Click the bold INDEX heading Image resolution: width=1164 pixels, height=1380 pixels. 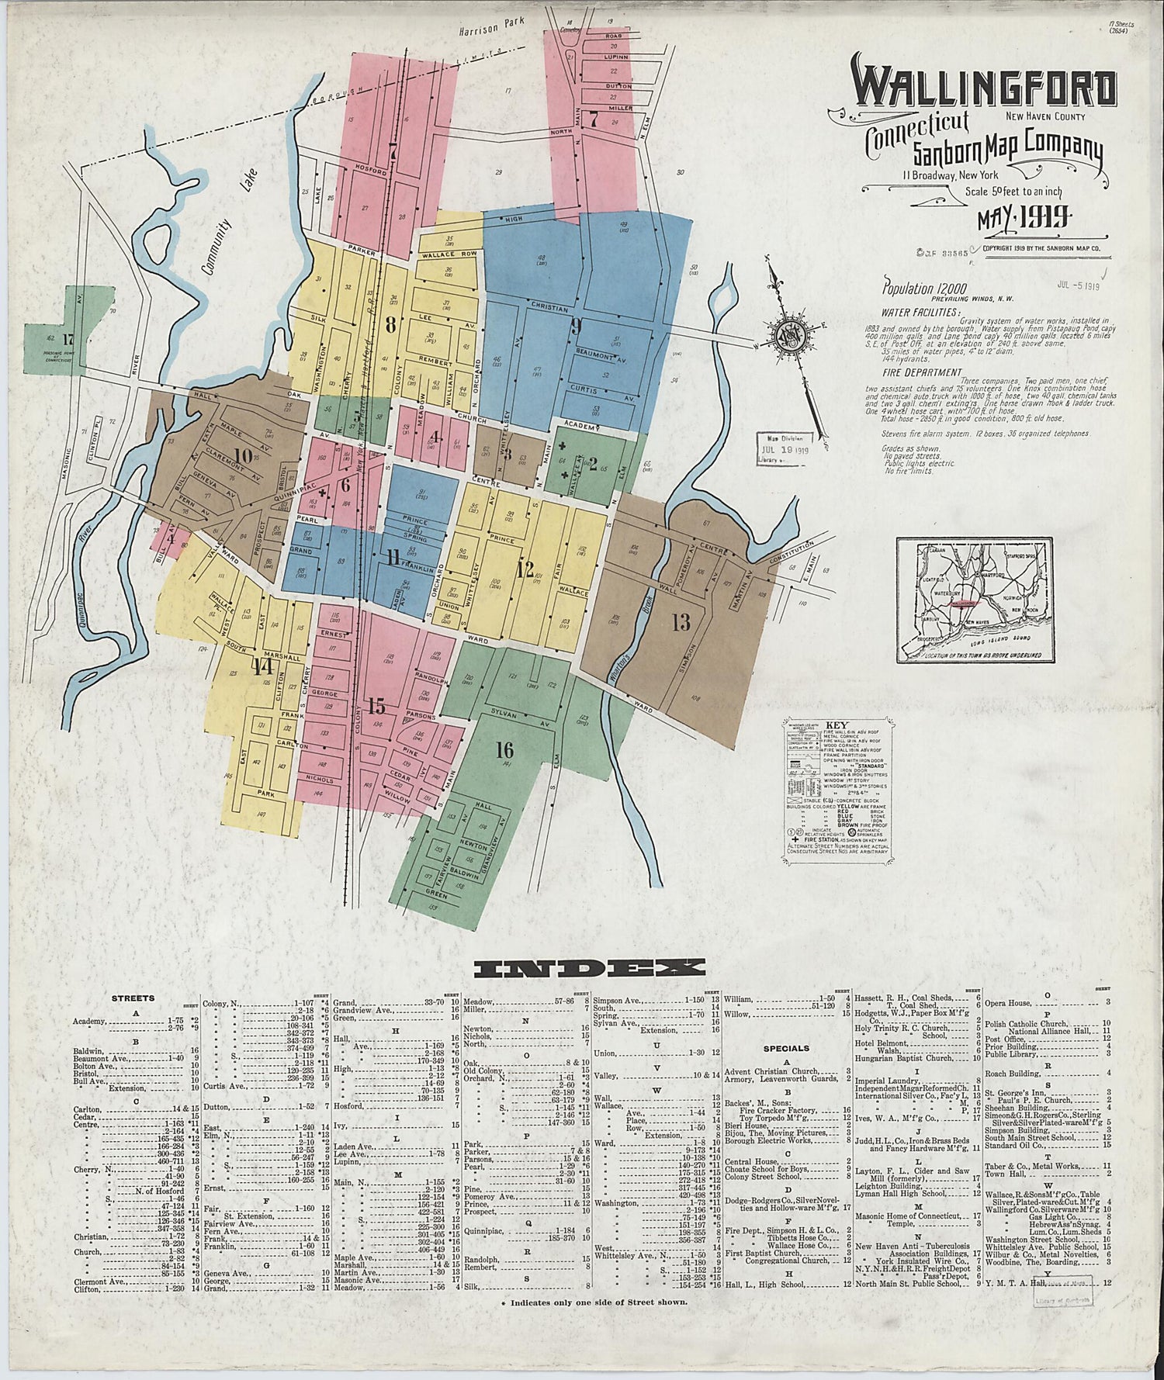(590, 967)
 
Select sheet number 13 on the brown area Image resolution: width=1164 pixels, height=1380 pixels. (681, 622)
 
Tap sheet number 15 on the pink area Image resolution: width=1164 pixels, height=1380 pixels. (376, 707)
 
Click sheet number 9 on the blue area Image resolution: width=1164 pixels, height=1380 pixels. (575, 325)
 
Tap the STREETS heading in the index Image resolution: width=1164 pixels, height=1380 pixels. (133, 998)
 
